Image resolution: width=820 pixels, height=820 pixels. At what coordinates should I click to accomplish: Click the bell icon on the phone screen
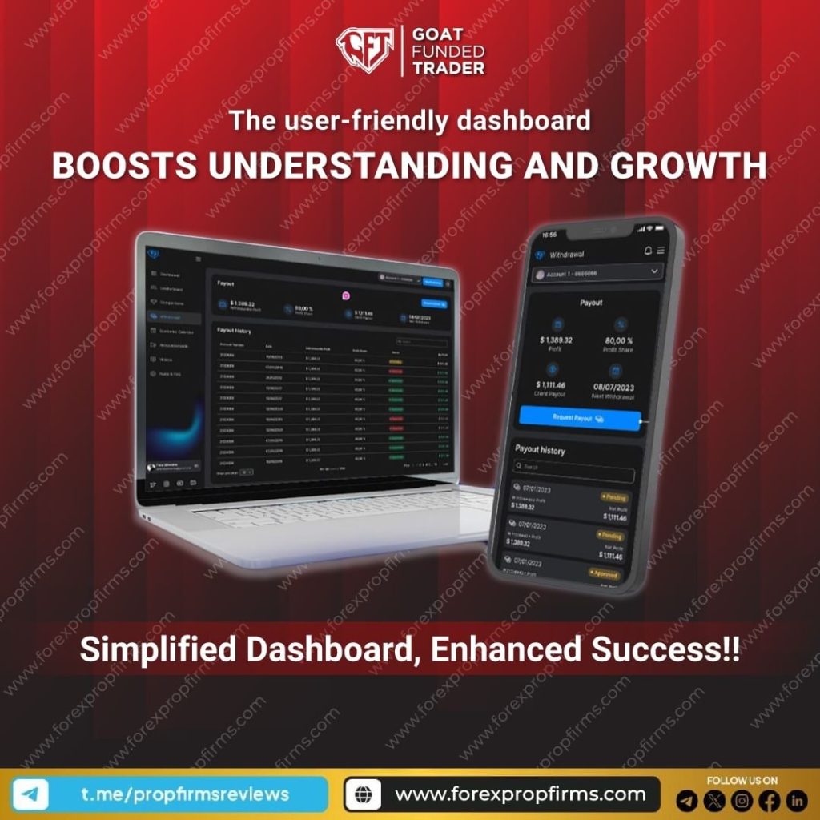point(647,251)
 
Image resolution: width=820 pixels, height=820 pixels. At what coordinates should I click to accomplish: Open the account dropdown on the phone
point(597,273)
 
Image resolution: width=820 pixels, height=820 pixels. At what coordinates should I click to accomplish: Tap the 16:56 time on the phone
point(548,235)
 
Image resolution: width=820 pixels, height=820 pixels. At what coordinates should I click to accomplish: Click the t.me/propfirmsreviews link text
point(185,794)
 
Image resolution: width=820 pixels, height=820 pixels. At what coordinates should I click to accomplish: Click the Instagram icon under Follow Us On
point(742,800)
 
